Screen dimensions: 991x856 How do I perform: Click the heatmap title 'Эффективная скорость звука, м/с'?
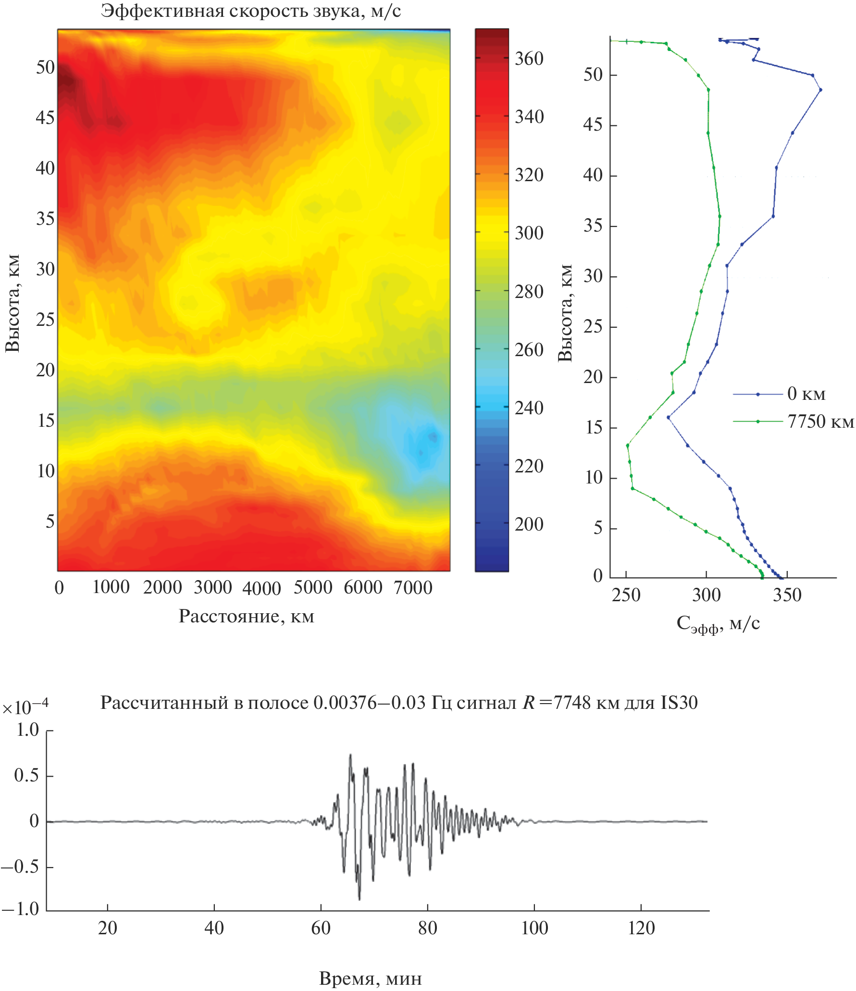[250, 11]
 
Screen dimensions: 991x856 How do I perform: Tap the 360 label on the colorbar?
[529, 59]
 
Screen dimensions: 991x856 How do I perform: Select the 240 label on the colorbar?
[529, 409]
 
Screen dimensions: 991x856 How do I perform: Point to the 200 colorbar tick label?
[529, 524]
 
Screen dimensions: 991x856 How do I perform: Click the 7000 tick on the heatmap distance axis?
[413, 588]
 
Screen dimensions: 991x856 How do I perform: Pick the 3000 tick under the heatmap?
[212, 588]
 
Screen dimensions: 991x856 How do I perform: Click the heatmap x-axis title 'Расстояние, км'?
[246, 617]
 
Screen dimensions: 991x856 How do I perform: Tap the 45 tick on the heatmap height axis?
[45, 118]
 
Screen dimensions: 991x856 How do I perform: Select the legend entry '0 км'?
[806, 394]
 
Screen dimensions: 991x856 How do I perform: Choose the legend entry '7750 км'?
[820, 422]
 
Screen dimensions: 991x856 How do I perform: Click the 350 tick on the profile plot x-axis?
[787, 595]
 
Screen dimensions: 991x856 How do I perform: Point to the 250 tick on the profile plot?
[626, 595]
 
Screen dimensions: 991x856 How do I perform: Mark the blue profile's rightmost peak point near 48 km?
[820, 90]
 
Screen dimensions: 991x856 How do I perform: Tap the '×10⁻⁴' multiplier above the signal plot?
[25, 707]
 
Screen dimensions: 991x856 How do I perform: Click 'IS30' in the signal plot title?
[679, 703]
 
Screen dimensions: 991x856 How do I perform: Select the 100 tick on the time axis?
[534, 928]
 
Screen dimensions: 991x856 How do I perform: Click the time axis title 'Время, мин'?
[370, 979]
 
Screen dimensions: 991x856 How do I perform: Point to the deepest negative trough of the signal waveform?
[360, 899]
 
